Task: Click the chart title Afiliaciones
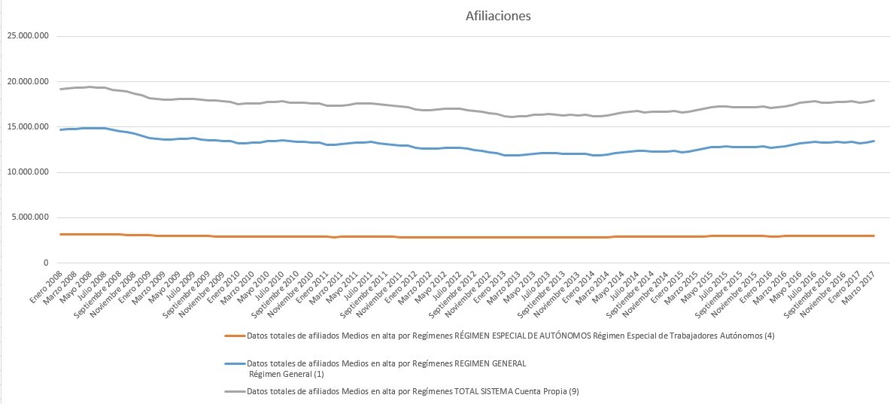(x=498, y=16)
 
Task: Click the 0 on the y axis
(x=47, y=263)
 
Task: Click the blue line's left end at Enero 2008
(x=59, y=129)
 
